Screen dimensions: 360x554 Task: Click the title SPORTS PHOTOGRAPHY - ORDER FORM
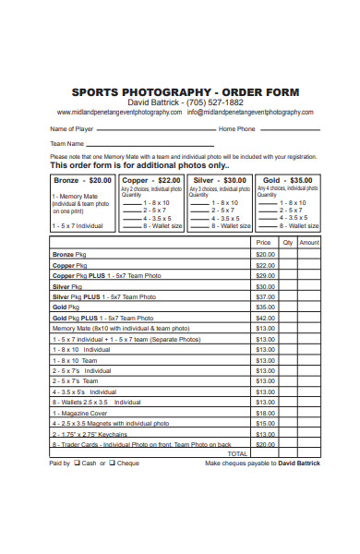186,91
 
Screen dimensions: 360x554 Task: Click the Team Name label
66,144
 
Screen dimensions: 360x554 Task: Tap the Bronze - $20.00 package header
83,180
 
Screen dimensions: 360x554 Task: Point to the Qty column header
287,242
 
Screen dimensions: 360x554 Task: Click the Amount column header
309,242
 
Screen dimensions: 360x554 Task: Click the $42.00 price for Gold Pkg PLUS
265,317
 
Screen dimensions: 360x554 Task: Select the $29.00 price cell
265,275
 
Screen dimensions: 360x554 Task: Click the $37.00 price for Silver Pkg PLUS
265,296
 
